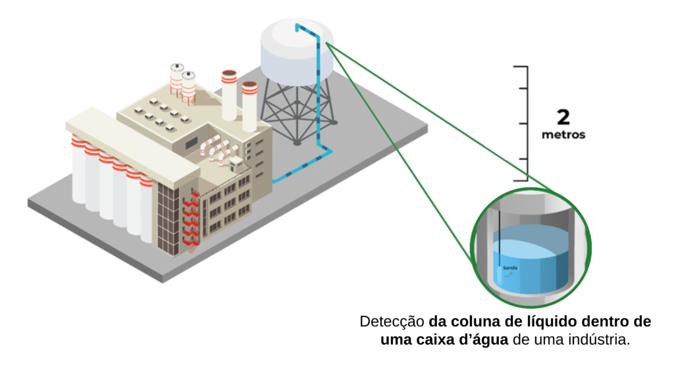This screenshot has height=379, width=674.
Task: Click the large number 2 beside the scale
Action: tap(563, 118)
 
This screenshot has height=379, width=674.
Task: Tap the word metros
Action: tap(563, 136)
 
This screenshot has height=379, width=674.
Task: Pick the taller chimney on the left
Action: tap(228, 92)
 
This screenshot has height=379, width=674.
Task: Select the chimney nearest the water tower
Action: tap(249, 105)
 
